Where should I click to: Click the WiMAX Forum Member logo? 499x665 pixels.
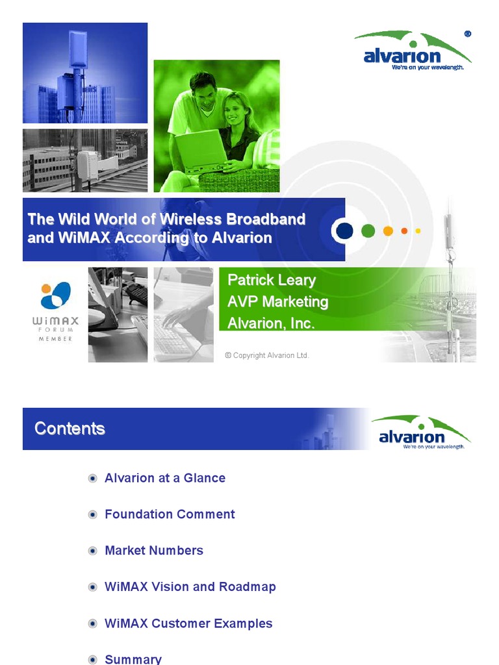click(56, 310)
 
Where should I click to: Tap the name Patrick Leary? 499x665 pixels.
click(272, 281)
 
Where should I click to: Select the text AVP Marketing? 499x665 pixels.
click(277, 301)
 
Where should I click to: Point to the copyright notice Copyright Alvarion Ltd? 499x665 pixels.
click(267, 355)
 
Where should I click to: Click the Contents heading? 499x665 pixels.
click(70, 429)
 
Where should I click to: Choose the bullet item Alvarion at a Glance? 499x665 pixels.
click(165, 478)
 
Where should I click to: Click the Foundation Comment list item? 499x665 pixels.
click(170, 514)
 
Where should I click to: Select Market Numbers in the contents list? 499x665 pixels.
click(154, 551)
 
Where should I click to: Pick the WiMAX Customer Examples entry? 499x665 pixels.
click(188, 623)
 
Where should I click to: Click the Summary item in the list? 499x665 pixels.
click(133, 659)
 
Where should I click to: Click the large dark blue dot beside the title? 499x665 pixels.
click(344, 231)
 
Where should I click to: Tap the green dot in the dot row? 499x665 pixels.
click(368, 231)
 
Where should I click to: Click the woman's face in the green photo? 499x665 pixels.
click(235, 108)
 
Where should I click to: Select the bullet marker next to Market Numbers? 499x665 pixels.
click(93, 551)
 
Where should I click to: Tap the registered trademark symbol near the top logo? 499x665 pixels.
click(468, 34)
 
